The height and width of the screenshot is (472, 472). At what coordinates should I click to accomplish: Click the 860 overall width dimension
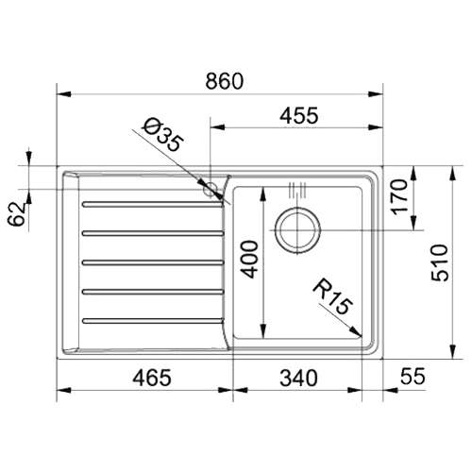click(225, 81)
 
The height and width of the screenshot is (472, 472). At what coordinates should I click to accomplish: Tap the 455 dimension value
click(299, 115)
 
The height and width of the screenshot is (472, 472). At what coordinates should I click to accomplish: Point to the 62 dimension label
click(16, 214)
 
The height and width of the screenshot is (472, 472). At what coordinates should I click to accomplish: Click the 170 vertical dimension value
click(400, 196)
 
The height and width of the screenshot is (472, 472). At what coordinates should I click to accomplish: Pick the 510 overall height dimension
click(439, 262)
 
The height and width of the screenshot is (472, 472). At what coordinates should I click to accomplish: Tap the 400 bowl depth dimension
click(251, 259)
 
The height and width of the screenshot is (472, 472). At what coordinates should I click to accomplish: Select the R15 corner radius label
click(333, 296)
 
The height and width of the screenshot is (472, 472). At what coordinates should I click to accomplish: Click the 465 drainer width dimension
click(152, 378)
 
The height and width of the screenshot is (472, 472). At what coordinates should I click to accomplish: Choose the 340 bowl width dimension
click(298, 378)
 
